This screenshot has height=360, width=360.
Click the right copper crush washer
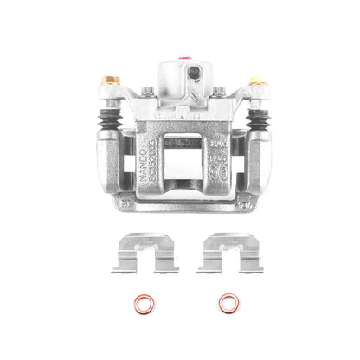click(x=228, y=304)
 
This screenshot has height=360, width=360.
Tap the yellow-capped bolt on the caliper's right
click(x=254, y=84)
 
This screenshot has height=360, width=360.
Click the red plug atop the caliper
click(x=182, y=59)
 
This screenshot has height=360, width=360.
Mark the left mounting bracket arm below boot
click(x=111, y=173)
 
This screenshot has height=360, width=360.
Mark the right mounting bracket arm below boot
click(x=254, y=173)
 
